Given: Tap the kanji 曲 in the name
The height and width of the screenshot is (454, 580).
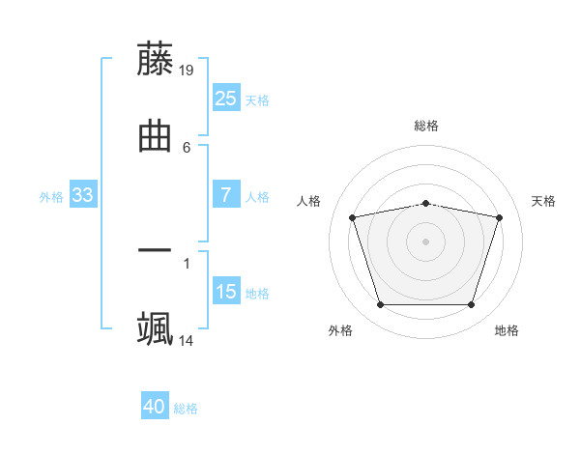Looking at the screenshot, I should pos(155,135).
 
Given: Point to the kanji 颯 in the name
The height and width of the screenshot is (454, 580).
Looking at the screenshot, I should pos(155,328).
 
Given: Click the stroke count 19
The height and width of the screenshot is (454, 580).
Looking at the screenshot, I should pos(188,70).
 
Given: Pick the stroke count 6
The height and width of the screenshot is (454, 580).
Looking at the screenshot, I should pos(187,148).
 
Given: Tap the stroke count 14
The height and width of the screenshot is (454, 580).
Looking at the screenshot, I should pos(187,341).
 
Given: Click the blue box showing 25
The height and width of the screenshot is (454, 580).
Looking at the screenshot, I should pos(225,99).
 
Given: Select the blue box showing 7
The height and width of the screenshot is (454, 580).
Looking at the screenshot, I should pos(225,195).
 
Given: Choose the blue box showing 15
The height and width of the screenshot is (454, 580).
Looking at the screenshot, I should pos(225,292).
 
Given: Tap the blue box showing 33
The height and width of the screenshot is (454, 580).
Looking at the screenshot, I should pos(82,195).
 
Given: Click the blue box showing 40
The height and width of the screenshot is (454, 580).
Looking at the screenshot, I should pos(154,407).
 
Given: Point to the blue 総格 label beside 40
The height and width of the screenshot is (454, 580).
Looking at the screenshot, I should pos(186,409).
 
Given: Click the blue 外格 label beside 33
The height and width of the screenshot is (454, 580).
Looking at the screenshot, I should pos(51,197).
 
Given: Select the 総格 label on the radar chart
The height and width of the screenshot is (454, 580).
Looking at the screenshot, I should pos(426,126).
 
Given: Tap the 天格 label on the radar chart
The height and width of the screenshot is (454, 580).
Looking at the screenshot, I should pos(544,201).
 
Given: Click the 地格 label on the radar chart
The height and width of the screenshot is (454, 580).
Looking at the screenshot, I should pos(507,330).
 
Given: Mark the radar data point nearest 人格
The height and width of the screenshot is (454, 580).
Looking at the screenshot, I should pos(353,217).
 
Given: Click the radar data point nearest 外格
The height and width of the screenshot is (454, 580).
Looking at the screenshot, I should pos(380,305).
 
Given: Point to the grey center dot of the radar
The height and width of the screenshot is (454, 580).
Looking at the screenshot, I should pos(426,241).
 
